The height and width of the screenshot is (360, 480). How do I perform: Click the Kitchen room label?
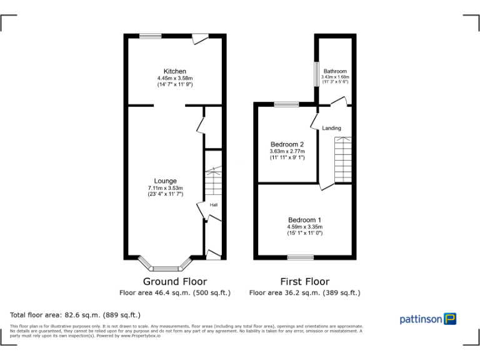click(x=174, y=71)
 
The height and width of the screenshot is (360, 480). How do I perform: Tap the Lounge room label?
click(x=165, y=181)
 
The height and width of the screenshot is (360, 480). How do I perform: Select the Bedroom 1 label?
click(x=304, y=220)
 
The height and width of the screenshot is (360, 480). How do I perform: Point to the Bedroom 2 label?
click(x=287, y=144)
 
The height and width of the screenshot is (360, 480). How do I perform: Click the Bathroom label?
click(x=334, y=71)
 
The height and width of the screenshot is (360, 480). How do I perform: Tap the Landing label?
click(x=331, y=128)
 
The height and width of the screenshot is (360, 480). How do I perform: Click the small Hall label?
click(x=213, y=204)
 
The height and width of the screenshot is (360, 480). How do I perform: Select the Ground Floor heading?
click(x=174, y=281)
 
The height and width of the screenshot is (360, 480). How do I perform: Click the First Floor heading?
click(x=304, y=281)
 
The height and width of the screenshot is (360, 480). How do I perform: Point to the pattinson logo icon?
click(x=450, y=319)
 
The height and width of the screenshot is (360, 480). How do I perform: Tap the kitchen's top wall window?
click(x=150, y=36)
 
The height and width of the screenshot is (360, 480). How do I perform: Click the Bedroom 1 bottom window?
click(x=300, y=257)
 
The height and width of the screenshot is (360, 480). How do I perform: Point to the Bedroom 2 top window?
click(x=286, y=104)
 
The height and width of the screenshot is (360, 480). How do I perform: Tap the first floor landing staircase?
click(x=343, y=159)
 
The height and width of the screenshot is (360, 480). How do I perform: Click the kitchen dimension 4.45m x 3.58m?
click(x=174, y=78)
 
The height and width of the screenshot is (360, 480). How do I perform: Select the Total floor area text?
click(x=76, y=314)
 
